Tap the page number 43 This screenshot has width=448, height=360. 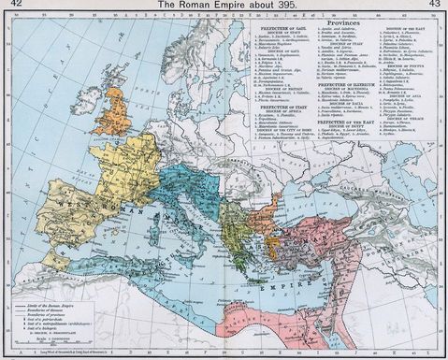pos(436,6)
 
